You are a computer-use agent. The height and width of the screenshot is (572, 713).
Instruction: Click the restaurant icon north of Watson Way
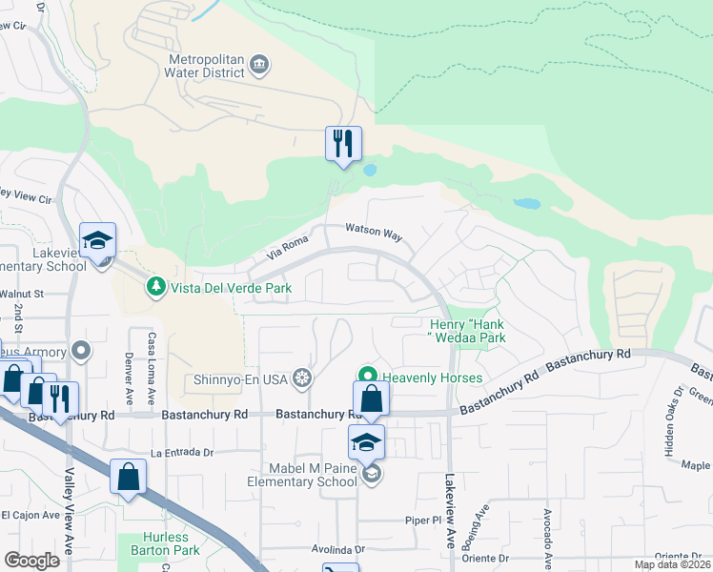[343, 143]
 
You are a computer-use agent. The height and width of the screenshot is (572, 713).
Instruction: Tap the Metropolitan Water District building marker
[259, 66]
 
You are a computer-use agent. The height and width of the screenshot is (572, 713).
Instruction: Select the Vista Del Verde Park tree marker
[154, 286]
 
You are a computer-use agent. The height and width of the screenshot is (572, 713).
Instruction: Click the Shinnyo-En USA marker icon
[302, 379]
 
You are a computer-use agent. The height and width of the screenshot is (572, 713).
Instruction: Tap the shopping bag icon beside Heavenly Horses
[371, 398]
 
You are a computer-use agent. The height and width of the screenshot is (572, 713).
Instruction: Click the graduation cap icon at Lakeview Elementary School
[97, 241]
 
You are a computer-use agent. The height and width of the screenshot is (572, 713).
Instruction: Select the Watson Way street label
[374, 231]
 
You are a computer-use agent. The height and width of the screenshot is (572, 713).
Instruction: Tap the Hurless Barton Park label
[160, 543]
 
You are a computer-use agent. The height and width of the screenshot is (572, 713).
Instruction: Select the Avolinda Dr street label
[338, 550]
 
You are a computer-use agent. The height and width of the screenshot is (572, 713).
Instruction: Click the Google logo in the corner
[31, 560]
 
